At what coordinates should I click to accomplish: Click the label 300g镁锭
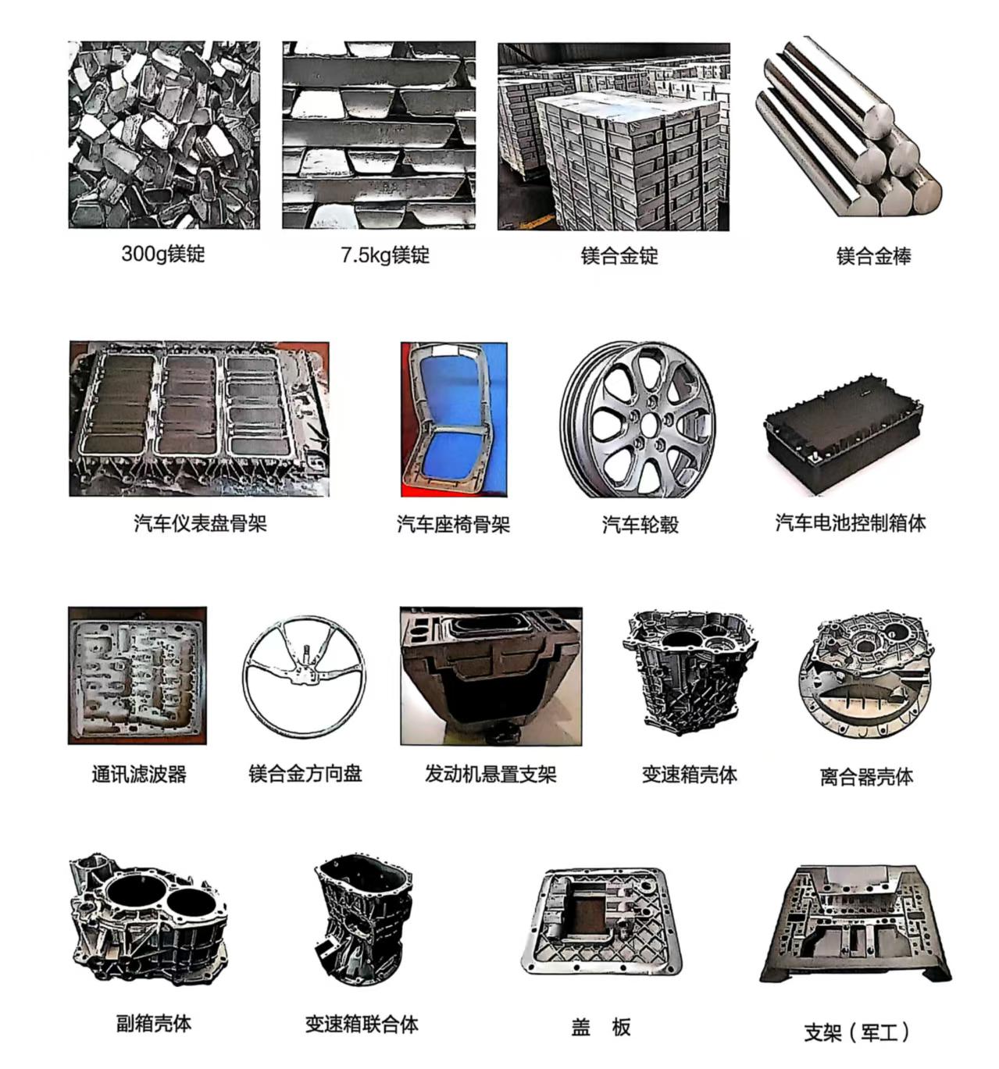coord(163,254)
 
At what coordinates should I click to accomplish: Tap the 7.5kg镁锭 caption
coord(385,255)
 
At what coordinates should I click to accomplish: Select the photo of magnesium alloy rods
coord(849,127)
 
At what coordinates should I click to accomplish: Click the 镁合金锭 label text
coord(619,255)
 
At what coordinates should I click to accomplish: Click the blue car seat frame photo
coord(454,419)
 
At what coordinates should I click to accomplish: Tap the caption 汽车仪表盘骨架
coord(200,523)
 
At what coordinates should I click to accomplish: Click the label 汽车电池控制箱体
coord(851,522)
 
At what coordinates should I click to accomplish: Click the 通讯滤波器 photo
coord(137,675)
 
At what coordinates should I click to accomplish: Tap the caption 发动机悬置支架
coord(491,774)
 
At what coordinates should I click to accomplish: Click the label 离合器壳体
coord(866,776)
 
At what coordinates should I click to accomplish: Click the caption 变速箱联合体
coord(362,1024)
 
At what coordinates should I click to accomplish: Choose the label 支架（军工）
coord(857,1032)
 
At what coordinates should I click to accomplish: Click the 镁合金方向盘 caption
coord(305,774)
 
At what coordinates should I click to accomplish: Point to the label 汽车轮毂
coord(640,524)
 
